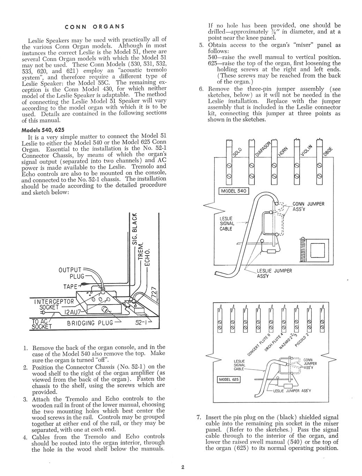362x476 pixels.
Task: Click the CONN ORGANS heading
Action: point(95,27)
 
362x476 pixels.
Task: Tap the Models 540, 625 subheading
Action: point(43,130)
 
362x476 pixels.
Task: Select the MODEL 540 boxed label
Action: point(234,191)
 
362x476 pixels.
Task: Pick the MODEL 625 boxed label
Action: point(229,379)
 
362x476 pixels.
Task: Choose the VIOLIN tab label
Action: point(306,150)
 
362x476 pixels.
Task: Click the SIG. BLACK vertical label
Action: point(135,229)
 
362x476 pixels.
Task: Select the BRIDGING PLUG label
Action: point(90,323)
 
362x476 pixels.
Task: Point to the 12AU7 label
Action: point(73,312)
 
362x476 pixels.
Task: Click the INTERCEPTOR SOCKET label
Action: point(54,304)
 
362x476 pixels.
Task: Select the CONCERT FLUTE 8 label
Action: point(259,345)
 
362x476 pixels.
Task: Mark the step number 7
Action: point(199,417)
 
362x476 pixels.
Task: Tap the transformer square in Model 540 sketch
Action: point(318,250)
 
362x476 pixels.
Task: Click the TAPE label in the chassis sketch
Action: point(70,287)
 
